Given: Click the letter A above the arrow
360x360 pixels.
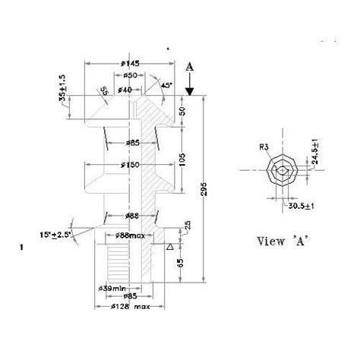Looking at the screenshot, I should [190, 66].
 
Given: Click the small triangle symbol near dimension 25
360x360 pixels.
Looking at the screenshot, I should [170, 248].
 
